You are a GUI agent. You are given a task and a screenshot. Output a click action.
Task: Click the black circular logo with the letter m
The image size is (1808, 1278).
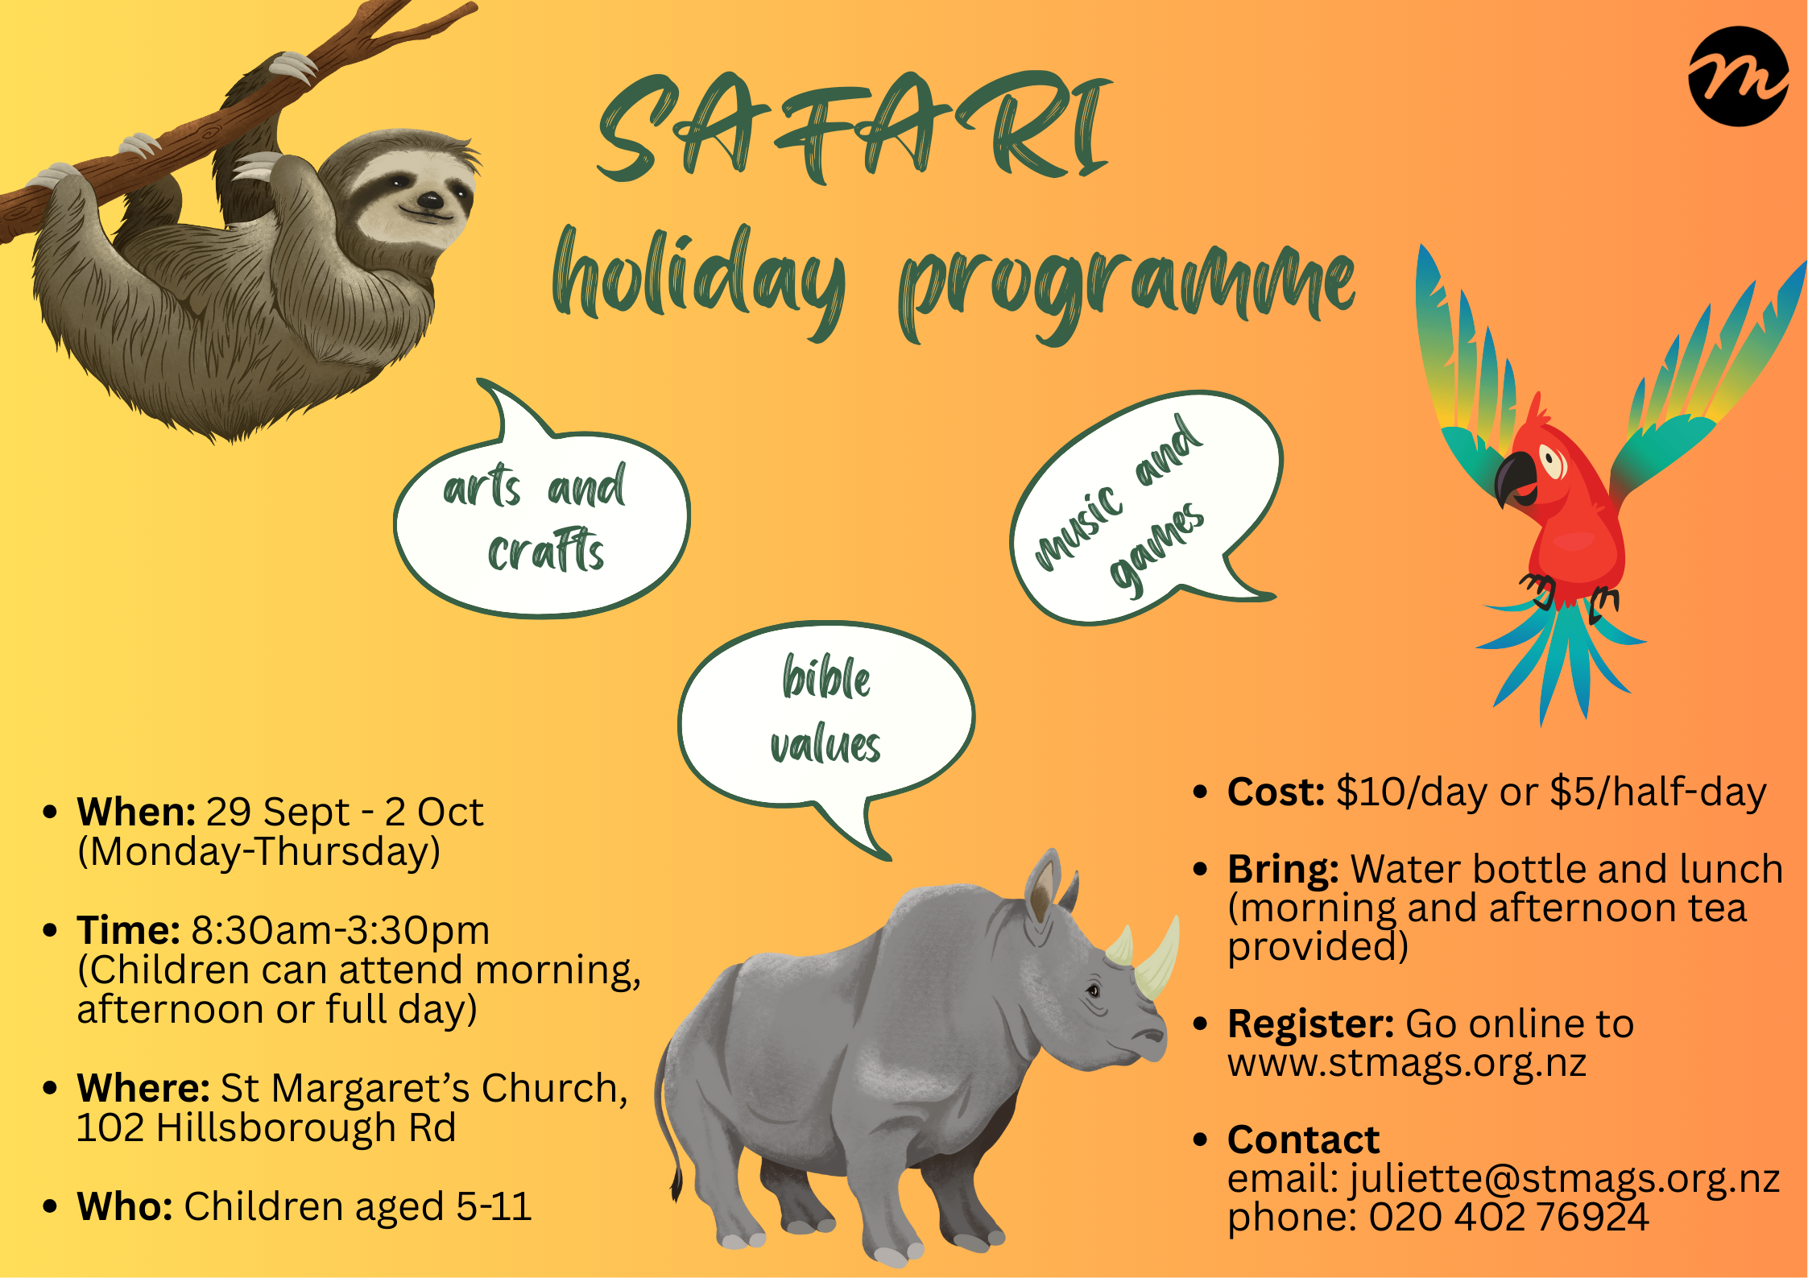[1739, 77]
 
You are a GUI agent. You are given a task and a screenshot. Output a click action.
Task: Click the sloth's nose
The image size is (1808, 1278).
[429, 201]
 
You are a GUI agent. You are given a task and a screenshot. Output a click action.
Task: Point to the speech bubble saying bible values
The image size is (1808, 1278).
[825, 717]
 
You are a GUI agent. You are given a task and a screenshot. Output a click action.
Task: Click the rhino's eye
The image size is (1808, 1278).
[1094, 990]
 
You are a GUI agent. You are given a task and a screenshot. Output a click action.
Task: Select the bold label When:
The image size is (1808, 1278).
[136, 812]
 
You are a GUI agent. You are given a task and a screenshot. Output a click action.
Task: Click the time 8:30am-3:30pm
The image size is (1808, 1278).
[340, 931]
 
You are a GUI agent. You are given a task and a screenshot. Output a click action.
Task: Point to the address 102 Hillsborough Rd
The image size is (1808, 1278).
[267, 1127]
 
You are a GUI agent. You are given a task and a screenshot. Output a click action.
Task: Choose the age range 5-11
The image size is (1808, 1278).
[494, 1206]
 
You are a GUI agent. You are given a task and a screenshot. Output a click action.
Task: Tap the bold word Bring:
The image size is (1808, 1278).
[1283, 869]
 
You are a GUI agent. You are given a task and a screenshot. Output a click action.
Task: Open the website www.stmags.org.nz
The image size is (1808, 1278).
[1407, 1063]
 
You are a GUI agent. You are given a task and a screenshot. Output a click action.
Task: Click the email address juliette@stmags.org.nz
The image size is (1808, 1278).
[1565, 1179]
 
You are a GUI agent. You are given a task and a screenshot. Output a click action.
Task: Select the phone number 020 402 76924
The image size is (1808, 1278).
[1508, 1217]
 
